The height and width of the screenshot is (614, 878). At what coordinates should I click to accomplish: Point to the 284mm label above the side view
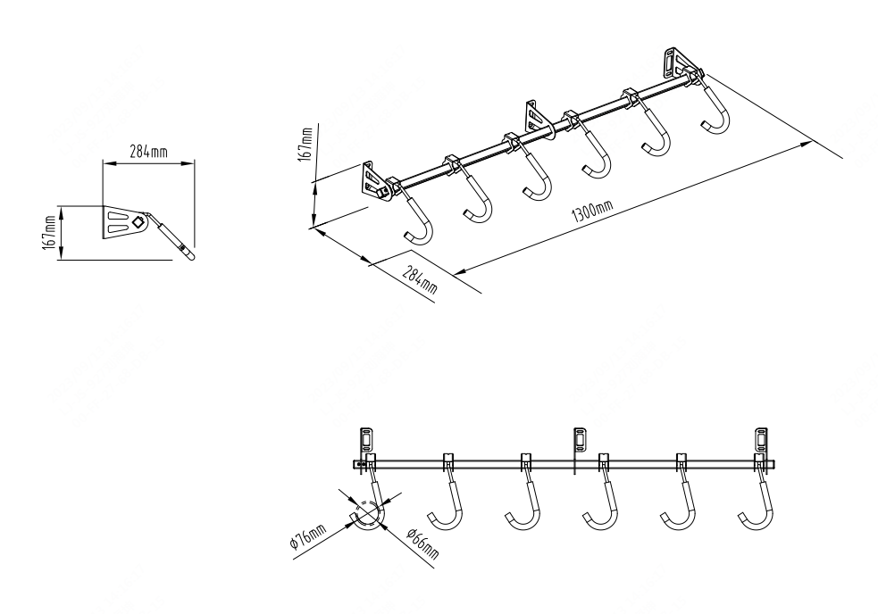pos(148,152)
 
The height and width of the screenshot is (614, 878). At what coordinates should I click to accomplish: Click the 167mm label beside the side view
pos(48,233)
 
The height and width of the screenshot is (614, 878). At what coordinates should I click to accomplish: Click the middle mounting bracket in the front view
pos(578,439)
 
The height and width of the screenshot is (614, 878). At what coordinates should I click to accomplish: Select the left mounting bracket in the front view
pos(366,439)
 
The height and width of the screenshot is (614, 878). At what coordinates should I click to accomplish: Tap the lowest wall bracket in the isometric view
pos(372,179)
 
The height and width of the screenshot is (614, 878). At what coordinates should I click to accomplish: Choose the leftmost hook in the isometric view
pos(420,219)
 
